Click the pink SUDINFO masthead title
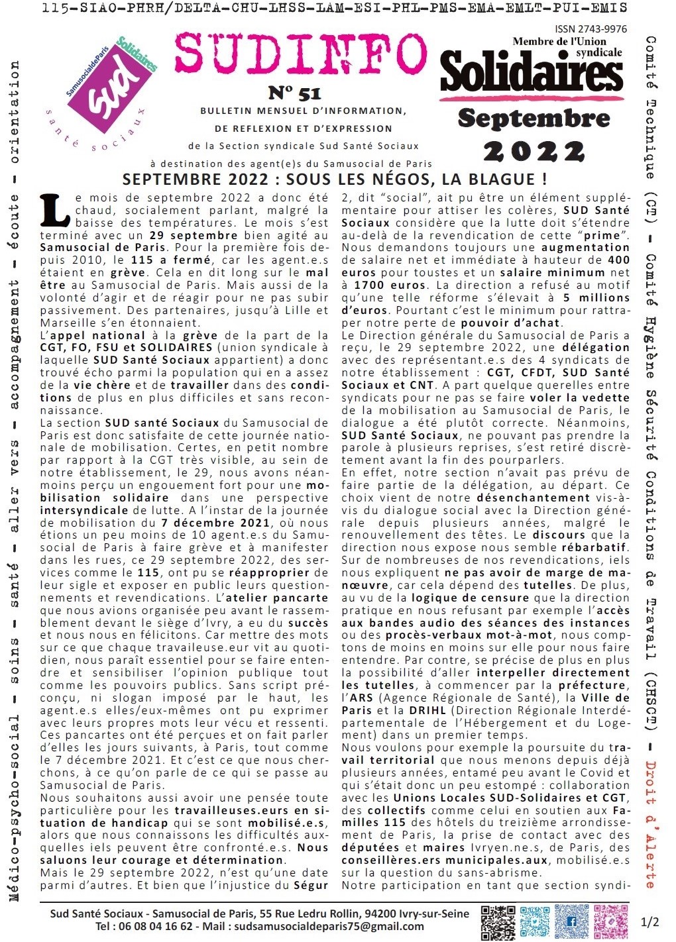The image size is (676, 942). pos(302,55)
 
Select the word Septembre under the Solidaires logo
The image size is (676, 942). pos(534,118)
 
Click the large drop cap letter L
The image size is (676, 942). pos(55,209)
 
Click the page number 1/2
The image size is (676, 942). pos(650,921)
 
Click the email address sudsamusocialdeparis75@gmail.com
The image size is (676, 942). pos(329,926)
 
